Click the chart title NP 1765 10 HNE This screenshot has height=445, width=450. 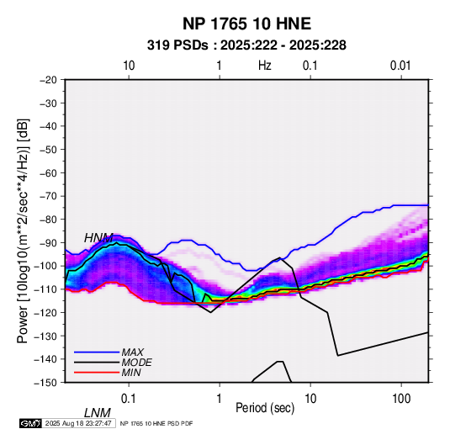click(246, 24)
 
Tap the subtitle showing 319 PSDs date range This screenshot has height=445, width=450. click(246, 45)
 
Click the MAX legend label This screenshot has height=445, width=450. click(133, 352)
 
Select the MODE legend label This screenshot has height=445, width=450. click(136, 363)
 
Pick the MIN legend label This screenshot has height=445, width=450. click(131, 373)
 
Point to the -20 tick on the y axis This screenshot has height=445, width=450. click(48, 80)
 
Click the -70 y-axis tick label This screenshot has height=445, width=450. click(48, 196)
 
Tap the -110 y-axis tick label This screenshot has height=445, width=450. click(45, 289)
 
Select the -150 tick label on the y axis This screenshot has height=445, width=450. click(45, 383)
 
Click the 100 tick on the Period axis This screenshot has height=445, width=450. click(401, 399)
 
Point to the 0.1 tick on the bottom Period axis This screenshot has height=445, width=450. click(129, 399)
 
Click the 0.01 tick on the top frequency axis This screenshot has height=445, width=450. click(400, 66)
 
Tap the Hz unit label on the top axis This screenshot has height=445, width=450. click(265, 66)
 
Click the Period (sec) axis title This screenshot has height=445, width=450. click(265, 408)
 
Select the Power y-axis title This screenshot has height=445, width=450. click(23, 230)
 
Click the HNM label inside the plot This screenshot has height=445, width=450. click(98, 238)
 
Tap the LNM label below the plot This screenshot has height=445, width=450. click(98, 413)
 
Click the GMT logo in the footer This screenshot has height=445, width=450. click(30, 423)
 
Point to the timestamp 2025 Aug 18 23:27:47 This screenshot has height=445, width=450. click(78, 423)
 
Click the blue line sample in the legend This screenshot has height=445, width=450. click(97, 352)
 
